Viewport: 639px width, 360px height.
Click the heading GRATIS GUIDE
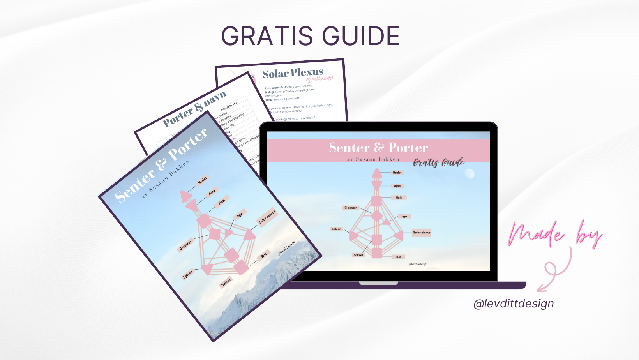(x=311, y=36)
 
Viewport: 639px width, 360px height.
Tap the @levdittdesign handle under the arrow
(x=514, y=304)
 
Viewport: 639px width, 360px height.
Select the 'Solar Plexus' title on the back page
(x=293, y=73)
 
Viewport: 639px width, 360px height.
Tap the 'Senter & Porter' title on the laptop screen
(x=378, y=148)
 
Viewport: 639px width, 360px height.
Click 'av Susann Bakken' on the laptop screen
(x=373, y=159)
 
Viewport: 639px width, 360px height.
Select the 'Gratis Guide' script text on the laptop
(x=439, y=162)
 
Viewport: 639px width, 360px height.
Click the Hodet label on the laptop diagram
(x=397, y=172)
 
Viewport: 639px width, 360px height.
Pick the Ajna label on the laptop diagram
(x=397, y=186)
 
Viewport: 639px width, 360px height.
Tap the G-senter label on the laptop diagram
(x=350, y=208)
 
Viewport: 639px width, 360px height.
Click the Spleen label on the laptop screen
(x=336, y=229)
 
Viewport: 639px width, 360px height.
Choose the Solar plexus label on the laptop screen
(x=422, y=232)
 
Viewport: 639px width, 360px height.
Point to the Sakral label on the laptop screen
(x=358, y=255)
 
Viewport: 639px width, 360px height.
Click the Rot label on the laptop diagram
(x=399, y=257)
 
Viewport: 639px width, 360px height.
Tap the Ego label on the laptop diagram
(x=404, y=216)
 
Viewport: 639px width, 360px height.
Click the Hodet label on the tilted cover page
(x=202, y=180)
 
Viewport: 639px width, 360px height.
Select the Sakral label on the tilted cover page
(x=226, y=282)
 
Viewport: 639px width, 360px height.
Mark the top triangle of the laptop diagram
(x=377, y=173)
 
